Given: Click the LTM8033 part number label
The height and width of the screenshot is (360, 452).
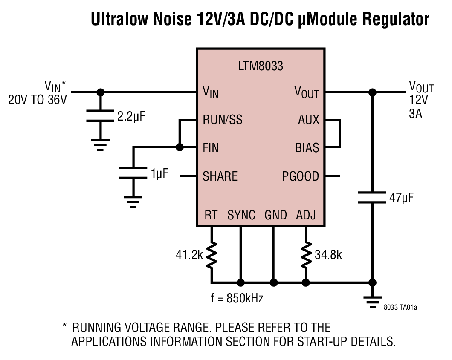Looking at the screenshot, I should click(x=260, y=66).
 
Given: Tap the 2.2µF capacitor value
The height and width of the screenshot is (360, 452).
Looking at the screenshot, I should click(x=131, y=116).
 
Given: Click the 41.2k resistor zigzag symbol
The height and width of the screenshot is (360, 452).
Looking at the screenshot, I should click(x=212, y=255).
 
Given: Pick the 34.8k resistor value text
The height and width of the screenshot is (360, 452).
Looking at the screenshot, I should click(x=328, y=255).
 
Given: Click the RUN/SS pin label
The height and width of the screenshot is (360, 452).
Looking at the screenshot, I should click(x=222, y=120).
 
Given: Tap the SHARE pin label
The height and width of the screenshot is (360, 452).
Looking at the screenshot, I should click(x=220, y=176).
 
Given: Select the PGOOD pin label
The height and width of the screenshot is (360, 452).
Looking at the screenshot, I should click(x=300, y=176).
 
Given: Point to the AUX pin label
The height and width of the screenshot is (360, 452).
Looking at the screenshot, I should click(x=308, y=120).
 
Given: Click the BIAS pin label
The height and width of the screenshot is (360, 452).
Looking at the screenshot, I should click(x=307, y=147).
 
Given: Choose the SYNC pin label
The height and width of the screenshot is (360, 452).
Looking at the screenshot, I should click(x=241, y=215).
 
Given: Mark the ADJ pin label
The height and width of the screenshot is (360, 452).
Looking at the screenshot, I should click(x=306, y=215).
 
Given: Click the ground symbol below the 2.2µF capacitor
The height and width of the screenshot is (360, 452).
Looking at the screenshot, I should click(x=100, y=145).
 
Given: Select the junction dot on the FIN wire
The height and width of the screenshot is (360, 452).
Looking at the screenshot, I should click(x=180, y=147).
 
